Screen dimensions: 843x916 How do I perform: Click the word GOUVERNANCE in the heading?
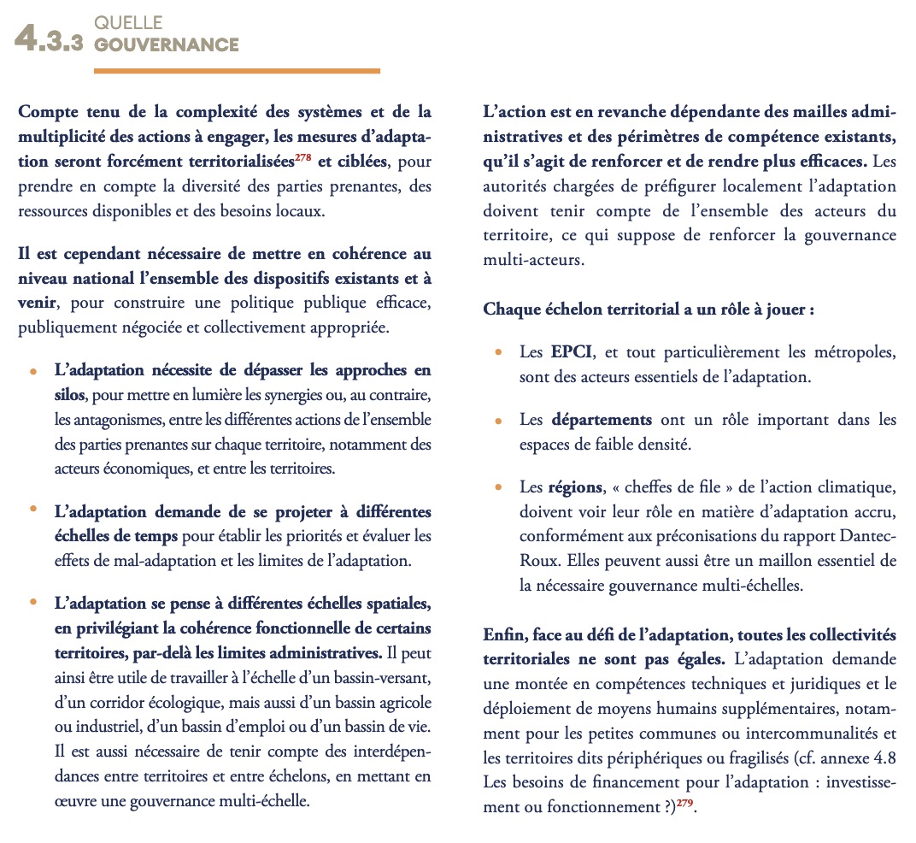(x=167, y=44)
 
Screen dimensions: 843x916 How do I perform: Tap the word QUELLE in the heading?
(x=129, y=23)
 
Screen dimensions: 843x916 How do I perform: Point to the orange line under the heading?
(x=237, y=71)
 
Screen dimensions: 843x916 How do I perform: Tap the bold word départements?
(x=602, y=420)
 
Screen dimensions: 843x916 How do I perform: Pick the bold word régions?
(x=575, y=487)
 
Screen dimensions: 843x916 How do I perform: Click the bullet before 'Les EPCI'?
(x=498, y=352)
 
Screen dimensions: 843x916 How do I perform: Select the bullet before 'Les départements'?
(x=498, y=420)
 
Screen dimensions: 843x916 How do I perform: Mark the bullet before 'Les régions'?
(x=498, y=487)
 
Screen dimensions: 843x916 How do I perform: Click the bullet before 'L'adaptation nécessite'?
(x=33, y=372)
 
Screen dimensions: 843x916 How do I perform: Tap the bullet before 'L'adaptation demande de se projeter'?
(x=33, y=510)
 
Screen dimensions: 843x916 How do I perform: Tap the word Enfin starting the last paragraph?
(x=503, y=635)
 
